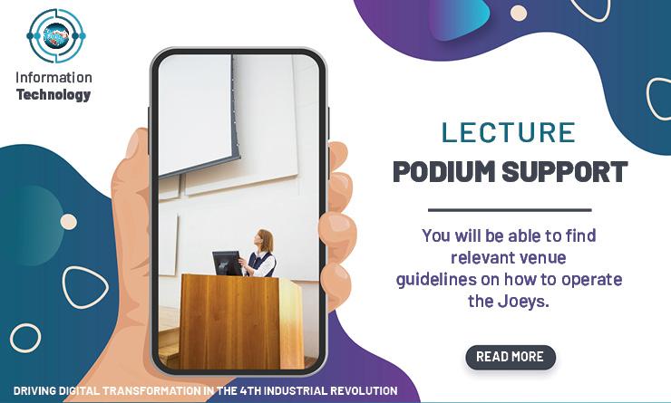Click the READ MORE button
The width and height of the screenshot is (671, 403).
pos(511,357)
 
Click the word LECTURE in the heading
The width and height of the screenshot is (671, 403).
pos(509,132)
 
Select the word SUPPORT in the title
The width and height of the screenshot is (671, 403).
pos(565,172)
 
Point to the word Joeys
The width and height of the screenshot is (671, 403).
pos(523,302)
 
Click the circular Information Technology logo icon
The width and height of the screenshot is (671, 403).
pos(56,36)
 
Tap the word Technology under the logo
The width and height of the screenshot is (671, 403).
pos(53,95)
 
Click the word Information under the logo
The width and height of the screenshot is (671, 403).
pos(53,77)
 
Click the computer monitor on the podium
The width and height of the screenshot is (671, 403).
pos(227,263)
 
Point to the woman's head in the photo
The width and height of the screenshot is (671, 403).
pos(264,240)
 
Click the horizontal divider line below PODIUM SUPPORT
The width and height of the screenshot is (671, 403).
pos(510,210)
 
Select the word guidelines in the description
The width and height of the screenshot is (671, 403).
pos(435,280)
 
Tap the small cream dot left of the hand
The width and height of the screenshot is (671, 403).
pos(69,222)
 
